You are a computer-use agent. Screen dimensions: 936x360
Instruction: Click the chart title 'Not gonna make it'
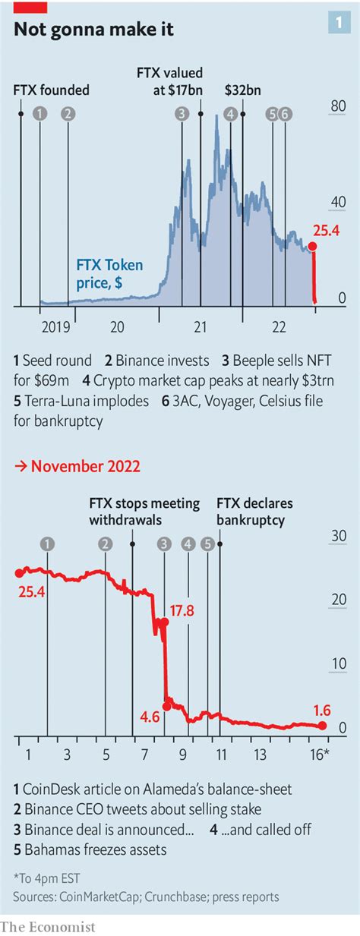94,30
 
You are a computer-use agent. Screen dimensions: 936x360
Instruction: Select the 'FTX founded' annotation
51,90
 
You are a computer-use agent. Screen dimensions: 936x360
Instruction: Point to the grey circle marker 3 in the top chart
182,114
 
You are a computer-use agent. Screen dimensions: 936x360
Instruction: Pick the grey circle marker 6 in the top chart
285,114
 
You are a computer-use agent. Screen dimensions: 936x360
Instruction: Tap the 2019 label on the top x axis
56,326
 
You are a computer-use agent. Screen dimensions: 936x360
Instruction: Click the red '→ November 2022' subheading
77,466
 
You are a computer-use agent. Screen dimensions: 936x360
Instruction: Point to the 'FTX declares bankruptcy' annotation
254,512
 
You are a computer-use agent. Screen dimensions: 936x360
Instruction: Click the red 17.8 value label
182,611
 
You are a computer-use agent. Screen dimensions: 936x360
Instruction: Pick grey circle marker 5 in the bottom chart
207,544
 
